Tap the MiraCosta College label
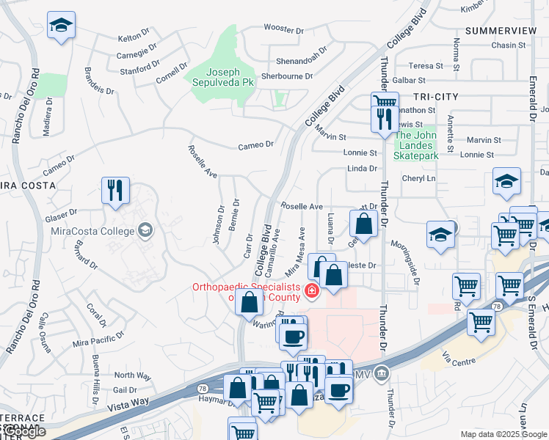pos(92,231)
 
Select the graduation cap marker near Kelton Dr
pos(62,26)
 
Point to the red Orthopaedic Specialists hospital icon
pos(312,292)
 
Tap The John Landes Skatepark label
pos(415,145)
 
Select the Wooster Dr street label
pos(284,30)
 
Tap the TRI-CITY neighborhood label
pos(435,97)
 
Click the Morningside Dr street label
pos(405,263)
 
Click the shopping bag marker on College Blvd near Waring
pos(250,301)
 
